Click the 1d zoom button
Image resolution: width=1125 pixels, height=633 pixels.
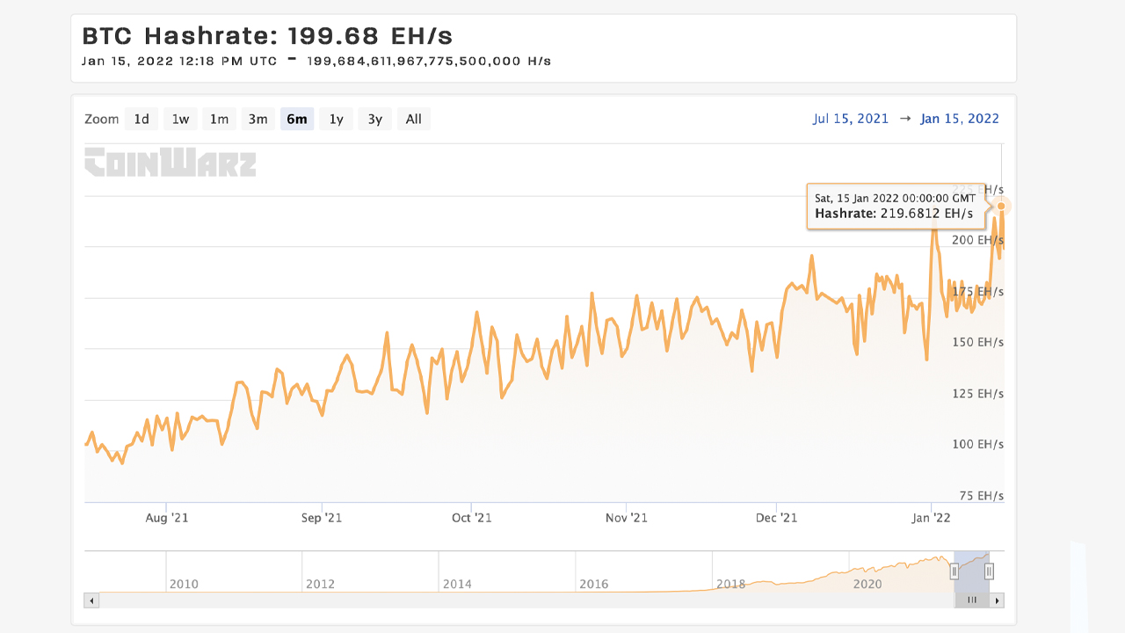(x=142, y=119)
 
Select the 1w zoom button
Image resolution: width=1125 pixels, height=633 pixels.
(x=180, y=119)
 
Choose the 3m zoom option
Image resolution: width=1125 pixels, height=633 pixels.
(x=258, y=119)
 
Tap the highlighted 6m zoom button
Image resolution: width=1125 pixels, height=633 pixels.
(x=297, y=119)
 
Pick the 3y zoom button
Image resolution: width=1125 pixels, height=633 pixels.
(x=374, y=119)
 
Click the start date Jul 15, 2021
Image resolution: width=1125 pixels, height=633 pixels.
(x=850, y=119)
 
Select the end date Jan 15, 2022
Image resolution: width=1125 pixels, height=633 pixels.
(x=960, y=119)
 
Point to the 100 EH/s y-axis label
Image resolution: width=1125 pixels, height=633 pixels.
(x=978, y=444)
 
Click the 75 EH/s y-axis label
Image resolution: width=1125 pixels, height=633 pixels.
(x=981, y=495)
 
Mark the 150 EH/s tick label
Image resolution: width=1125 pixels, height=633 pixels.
(x=978, y=342)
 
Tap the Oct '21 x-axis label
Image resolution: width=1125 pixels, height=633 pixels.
(x=472, y=518)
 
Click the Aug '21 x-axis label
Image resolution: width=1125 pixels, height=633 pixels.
(x=167, y=518)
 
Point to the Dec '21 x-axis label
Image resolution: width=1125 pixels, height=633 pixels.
(x=777, y=518)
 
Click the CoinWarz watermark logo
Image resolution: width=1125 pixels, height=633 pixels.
(x=171, y=163)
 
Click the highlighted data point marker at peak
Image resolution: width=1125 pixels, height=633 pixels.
(x=1001, y=206)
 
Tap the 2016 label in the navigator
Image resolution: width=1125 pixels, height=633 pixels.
(x=594, y=584)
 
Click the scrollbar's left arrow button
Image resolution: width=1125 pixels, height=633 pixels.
(x=91, y=600)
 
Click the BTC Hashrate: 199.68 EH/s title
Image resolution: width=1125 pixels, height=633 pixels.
(x=267, y=37)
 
